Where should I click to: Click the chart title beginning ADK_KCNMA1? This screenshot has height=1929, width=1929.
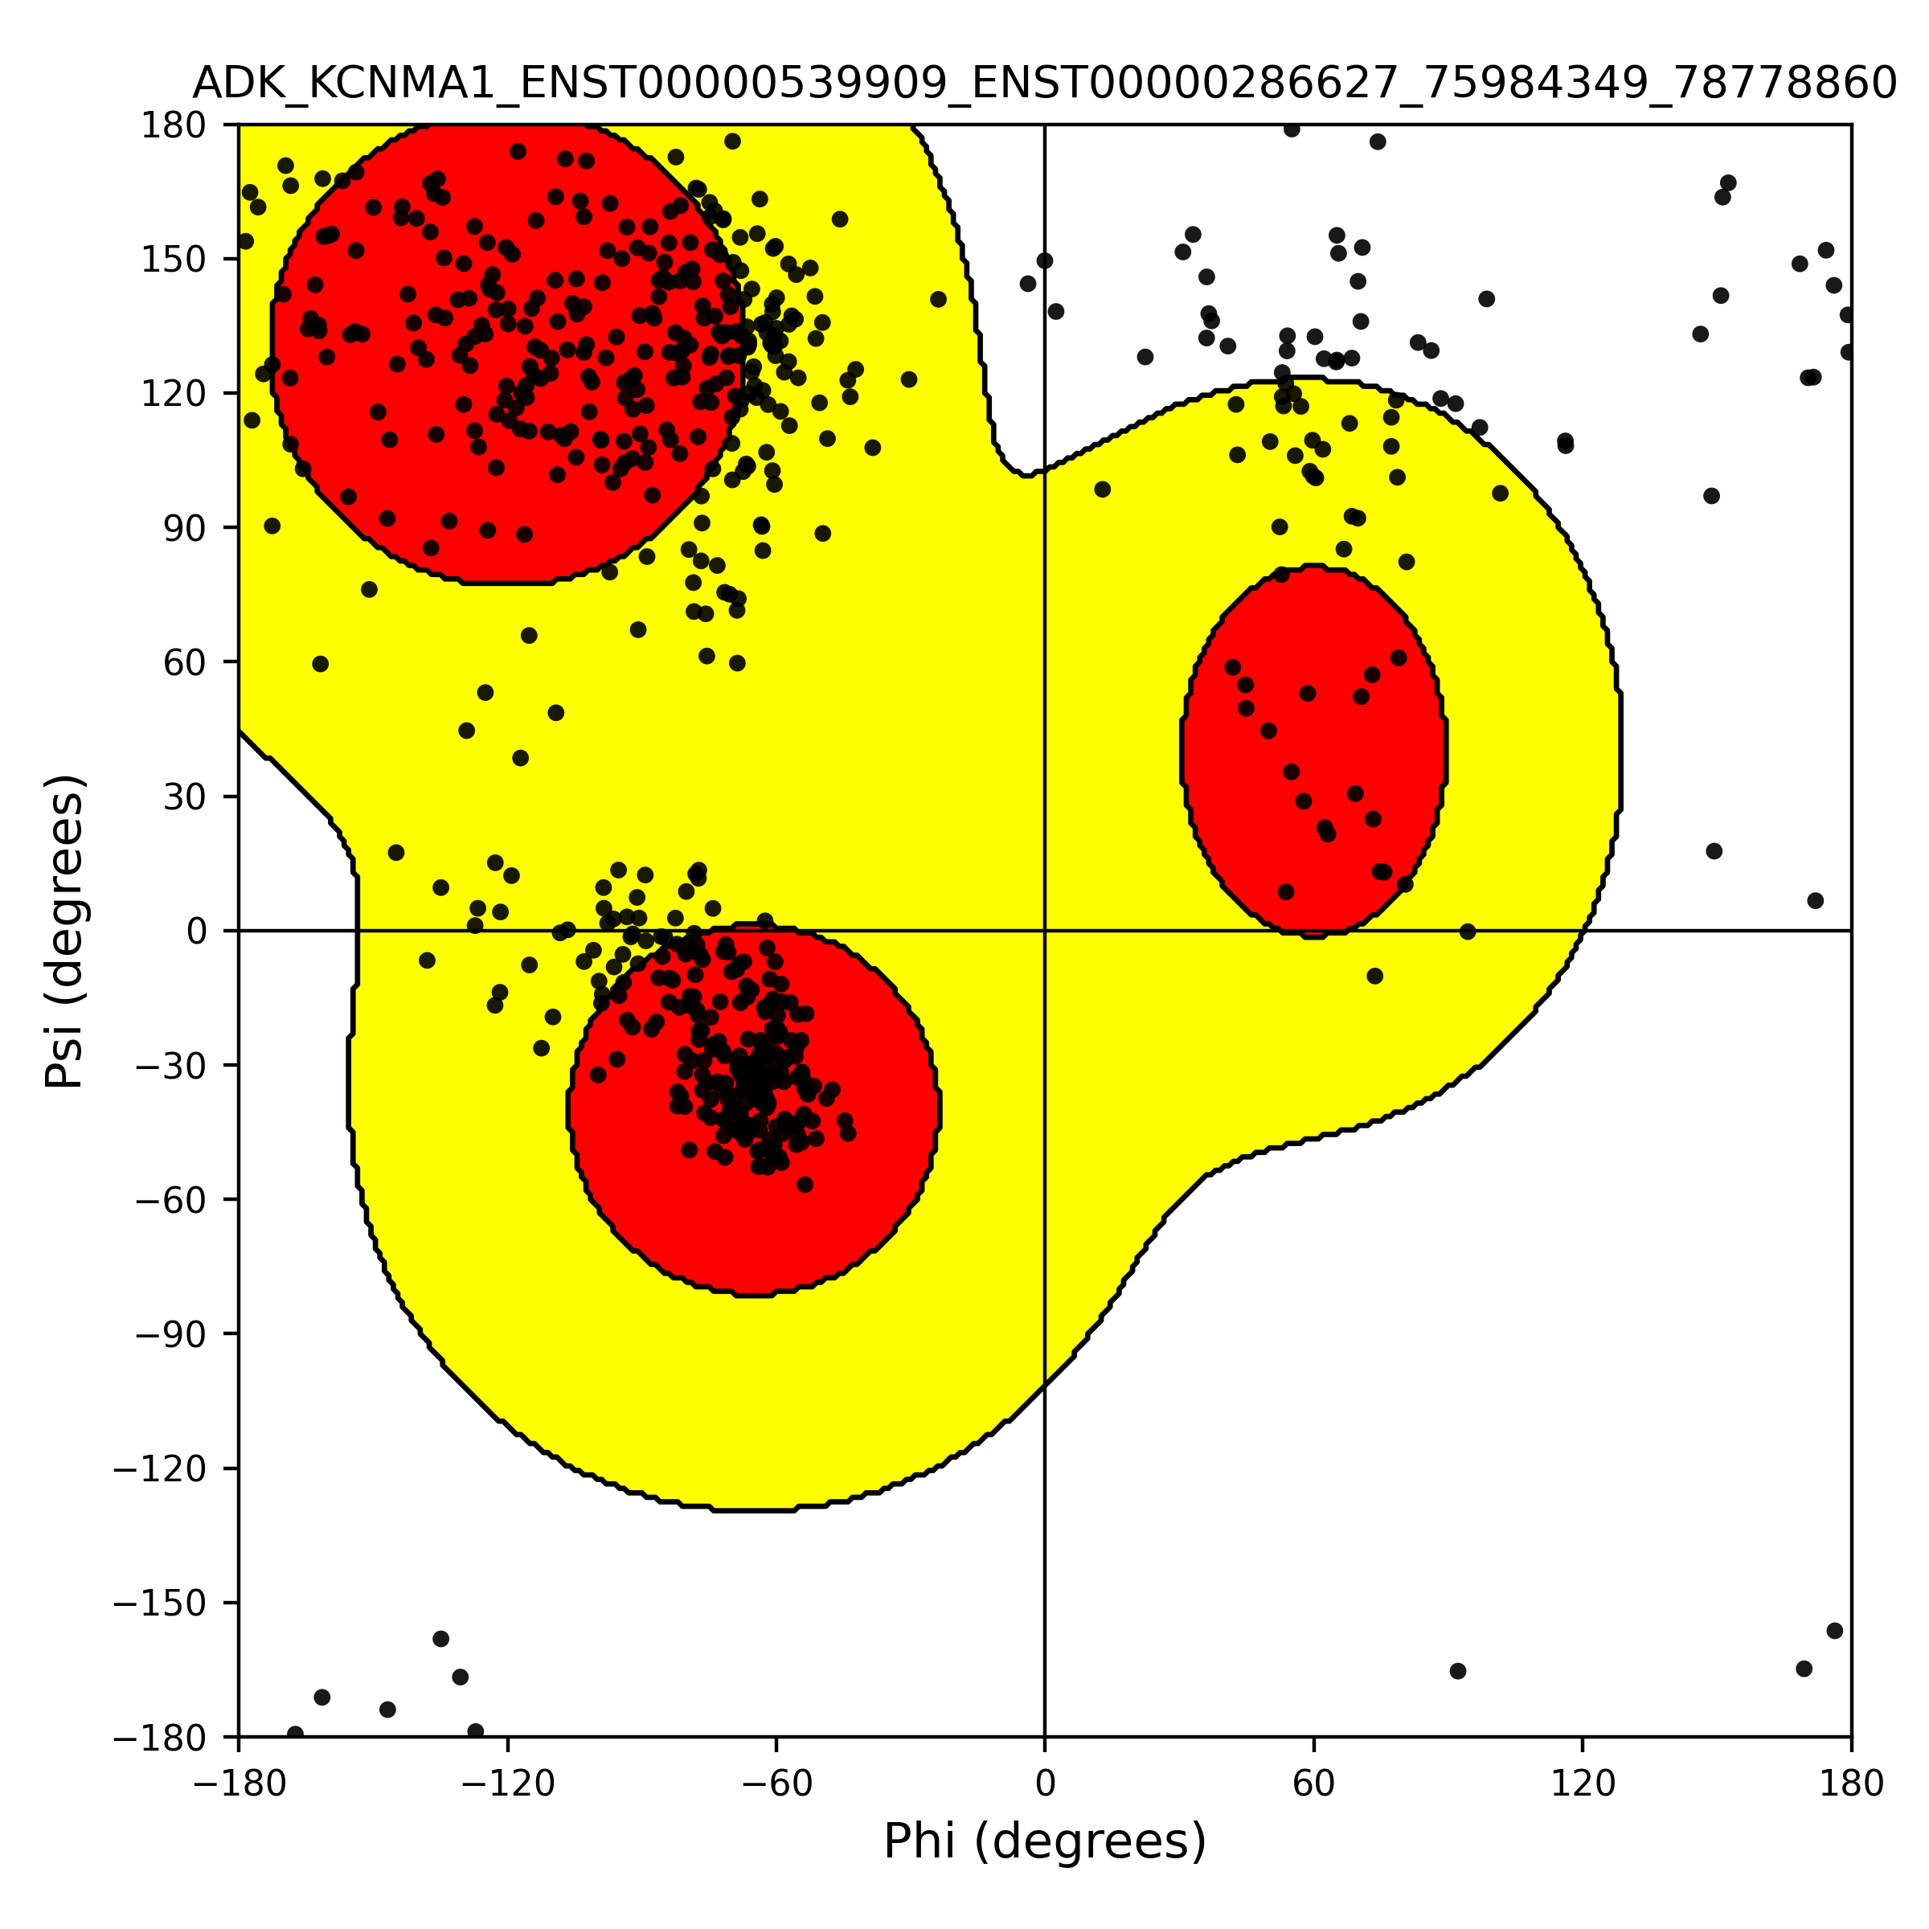1044,84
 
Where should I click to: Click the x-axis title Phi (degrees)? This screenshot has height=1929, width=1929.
1044,1842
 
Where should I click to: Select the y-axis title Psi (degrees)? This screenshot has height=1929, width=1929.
65,931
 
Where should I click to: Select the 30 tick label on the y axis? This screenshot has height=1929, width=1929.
185,797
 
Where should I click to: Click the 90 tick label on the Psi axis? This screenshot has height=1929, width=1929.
185,528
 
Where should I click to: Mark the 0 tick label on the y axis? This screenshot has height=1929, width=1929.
197,932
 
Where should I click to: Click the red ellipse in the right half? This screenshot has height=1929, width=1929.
1313,752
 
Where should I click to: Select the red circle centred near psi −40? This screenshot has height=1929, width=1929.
755,1110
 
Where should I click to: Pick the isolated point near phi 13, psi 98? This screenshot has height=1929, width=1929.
1102,489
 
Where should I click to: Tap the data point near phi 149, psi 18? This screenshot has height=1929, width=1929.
1714,850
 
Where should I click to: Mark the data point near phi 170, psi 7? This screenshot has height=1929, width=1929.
1815,900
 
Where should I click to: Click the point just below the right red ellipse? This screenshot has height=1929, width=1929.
1375,976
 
